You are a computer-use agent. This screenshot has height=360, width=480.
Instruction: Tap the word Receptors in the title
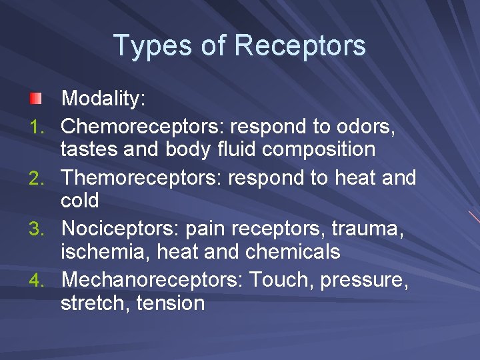300,46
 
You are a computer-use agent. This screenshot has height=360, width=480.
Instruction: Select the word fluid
236,149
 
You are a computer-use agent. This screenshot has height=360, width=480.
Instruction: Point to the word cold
79,200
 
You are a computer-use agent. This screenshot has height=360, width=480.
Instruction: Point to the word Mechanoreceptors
151,280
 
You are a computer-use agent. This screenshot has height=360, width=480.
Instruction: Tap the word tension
170,303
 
